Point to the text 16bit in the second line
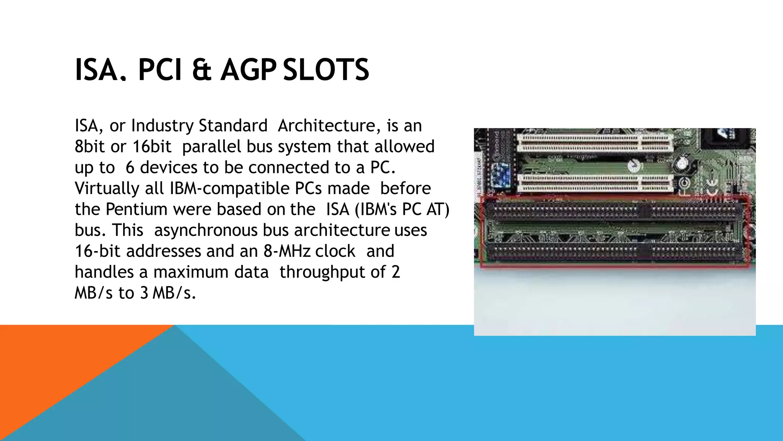pos(152,147)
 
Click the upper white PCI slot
pos(595,143)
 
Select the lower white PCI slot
pos(595,184)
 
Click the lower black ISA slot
pos(612,253)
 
